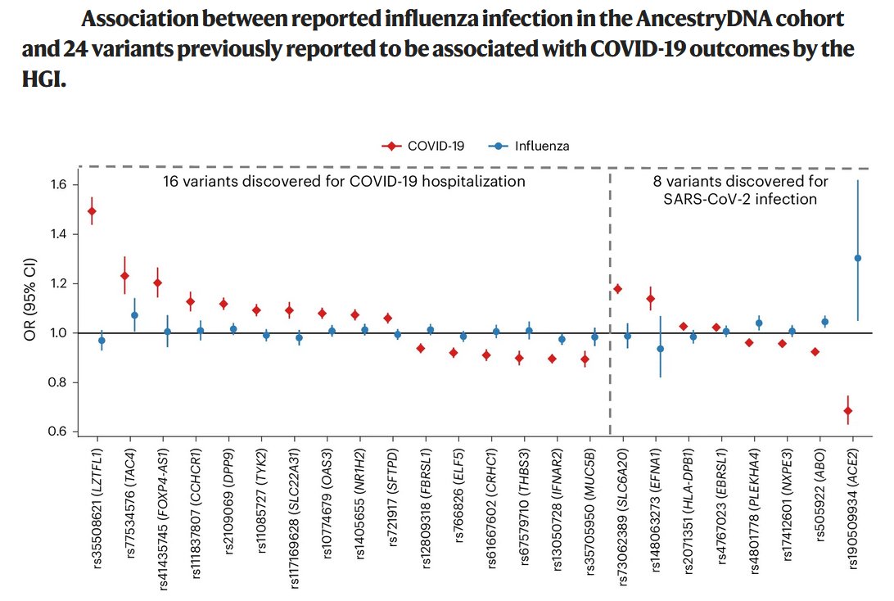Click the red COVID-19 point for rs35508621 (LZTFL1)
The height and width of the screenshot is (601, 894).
pyautogui.click(x=92, y=211)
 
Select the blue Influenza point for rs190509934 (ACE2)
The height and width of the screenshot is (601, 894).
pyautogui.click(x=858, y=258)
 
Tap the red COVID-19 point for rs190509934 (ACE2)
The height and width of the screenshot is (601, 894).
pyautogui.click(x=848, y=410)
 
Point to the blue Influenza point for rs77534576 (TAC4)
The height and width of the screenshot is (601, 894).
pyautogui.click(x=134, y=315)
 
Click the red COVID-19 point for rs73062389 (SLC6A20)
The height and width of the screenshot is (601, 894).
pyautogui.click(x=618, y=289)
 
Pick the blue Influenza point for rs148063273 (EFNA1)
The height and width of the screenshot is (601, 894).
pyautogui.click(x=661, y=349)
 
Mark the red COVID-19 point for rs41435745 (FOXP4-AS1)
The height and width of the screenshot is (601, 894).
pyautogui.click(x=157, y=282)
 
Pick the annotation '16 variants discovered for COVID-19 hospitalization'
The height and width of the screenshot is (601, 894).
pyautogui.click(x=344, y=181)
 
